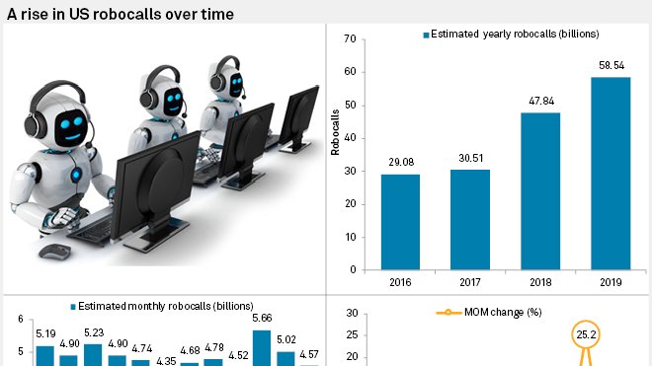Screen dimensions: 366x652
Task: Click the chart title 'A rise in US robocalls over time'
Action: (x=121, y=13)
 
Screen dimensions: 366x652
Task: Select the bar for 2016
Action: (x=400, y=222)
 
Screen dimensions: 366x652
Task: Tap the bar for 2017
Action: (x=470, y=219)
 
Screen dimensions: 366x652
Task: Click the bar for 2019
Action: (x=610, y=173)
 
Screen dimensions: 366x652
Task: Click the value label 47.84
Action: (x=540, y=102)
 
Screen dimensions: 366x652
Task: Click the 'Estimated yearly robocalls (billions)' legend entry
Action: (x=508, y=35)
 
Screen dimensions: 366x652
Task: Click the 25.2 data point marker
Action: (x=585, y=334)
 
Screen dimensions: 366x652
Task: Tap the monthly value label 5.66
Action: (x=262, y=319)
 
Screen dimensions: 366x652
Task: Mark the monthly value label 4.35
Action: (x=166, y=361)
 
